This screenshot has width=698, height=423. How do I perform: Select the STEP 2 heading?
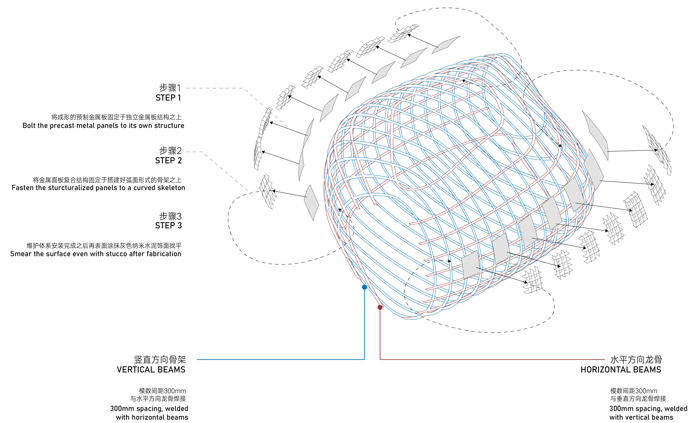(x=168, y=160)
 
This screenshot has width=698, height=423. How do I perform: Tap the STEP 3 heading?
(x=168, y=226)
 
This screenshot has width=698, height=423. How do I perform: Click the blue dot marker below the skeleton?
(x=365, y=287)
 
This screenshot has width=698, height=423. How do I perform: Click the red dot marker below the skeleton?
(x=380, y=307)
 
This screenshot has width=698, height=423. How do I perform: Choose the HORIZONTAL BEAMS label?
(x=621, y=369)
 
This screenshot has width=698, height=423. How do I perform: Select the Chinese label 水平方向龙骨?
(x=636, y=360)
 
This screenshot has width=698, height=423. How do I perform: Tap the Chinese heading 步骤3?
(x=170, y=216)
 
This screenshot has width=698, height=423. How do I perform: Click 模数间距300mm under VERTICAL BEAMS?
(x=162, y=391)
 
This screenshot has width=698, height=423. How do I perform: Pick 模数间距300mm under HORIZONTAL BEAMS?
(x=633, y=391)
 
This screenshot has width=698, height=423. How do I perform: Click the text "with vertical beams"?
(x=641, y=417)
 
